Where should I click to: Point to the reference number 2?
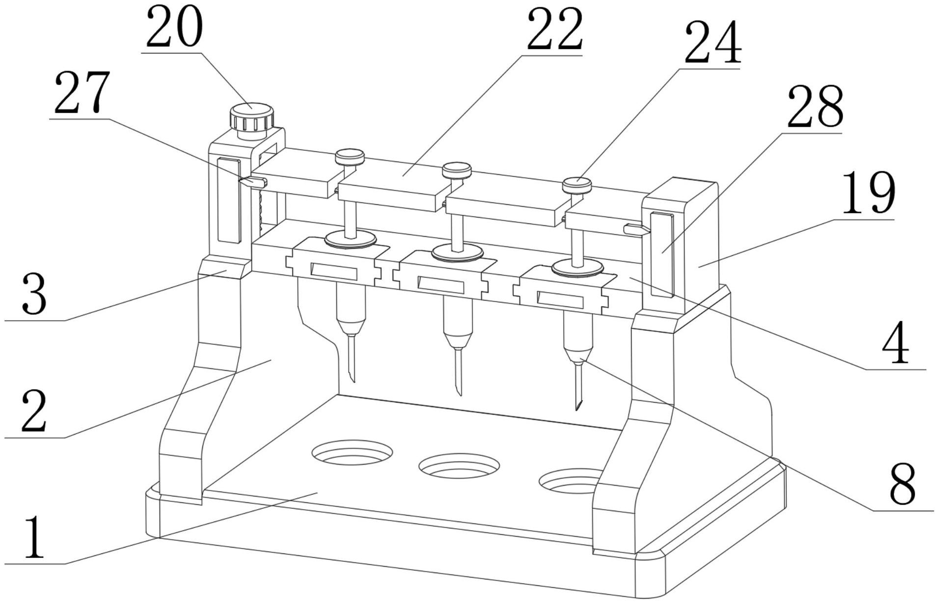34,411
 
